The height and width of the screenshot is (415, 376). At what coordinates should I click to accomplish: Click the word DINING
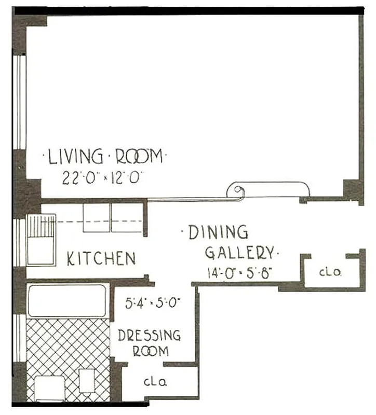click(x=218, y=232)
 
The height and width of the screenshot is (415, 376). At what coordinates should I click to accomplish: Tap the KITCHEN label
click(x=101, y=258)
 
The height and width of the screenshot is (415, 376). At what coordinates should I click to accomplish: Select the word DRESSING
click(x=149, y=335)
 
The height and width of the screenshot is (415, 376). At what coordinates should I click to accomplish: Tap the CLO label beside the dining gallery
click(x=329, y=271)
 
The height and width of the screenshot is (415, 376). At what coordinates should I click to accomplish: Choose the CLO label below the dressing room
click(x=155, y=383)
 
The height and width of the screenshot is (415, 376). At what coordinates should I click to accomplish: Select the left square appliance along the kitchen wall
click(x=97, y=218)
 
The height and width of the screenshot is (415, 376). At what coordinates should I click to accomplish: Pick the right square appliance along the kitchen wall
click(x=127, y=218)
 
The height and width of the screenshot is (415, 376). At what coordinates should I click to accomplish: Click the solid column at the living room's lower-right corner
click(x=353, y=190)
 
